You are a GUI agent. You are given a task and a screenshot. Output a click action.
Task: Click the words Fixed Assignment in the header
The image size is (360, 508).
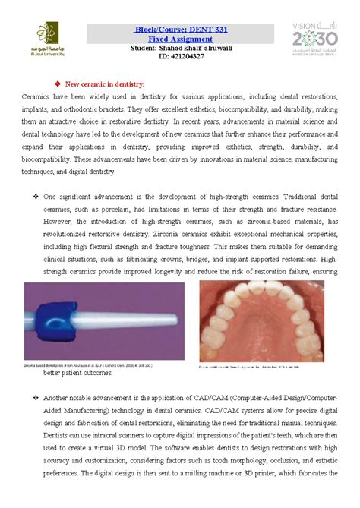tap(180, 38)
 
